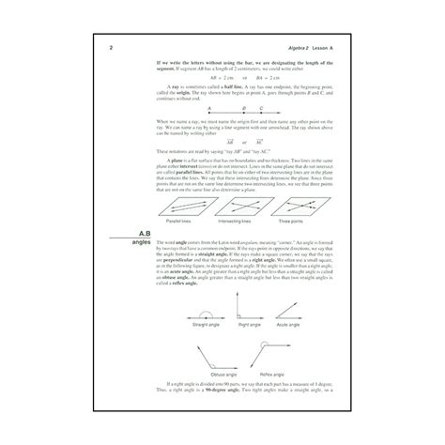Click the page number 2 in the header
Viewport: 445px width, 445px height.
[113, 48]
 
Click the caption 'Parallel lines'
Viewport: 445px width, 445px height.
[182, 232]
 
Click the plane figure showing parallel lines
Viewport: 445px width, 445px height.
[182, 211]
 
